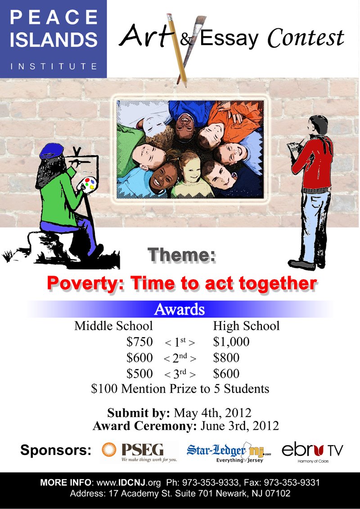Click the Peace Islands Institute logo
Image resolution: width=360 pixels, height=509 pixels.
(x=53, y=39)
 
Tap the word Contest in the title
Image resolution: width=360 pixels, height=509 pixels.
(x=306, y=38)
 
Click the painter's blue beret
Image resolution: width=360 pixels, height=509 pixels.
(x=51, y=151)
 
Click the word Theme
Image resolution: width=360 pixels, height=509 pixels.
(x=182, y=255)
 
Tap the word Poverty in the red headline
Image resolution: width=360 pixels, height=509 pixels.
(x=86, y=284)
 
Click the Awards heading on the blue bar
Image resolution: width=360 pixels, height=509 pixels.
(x=180, y=309)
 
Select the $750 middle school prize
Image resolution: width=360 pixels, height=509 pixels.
(x=139, y=342)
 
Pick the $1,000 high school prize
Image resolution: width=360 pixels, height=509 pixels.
(x=231, y=342)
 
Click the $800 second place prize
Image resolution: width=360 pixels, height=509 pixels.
(x=226, y=358)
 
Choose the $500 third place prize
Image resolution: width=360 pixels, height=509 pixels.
(x=139, y=374)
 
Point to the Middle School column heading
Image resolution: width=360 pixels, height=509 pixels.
(x=113, y=326)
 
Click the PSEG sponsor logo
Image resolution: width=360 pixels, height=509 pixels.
(x=139, y=451)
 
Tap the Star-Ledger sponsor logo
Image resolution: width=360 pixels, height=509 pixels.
(x=229, y=452)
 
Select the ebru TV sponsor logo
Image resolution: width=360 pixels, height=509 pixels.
(x=312, y=452)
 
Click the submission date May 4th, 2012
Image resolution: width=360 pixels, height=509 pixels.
(x=212, y=413)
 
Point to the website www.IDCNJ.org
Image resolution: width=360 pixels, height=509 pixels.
(x=129, y=483)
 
